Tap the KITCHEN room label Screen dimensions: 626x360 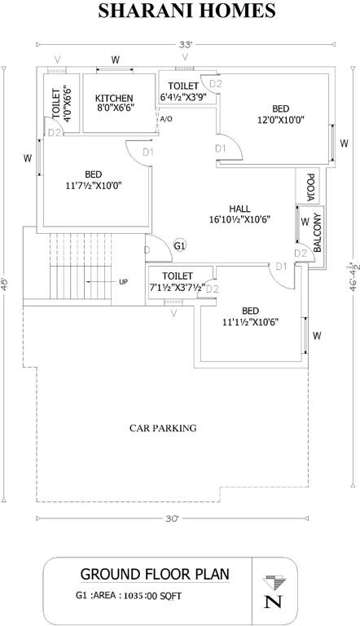(x=114, y=97)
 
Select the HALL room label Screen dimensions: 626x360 (x=239, y=207)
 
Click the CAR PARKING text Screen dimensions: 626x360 (x=163, y=427)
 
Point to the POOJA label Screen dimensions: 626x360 (x=310, y=187)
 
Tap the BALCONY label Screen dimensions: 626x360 (x=317, y=231)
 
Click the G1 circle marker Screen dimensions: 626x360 (x=180, y=245)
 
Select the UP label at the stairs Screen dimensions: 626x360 (x=124, y=282)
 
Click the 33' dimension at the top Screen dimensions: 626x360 (x=186, y=45)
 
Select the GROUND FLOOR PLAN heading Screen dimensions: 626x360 (x=155, y=574)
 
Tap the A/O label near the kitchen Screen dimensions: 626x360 (x=166, y=120)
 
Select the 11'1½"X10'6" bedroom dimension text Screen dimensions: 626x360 (x=250, y=322)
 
